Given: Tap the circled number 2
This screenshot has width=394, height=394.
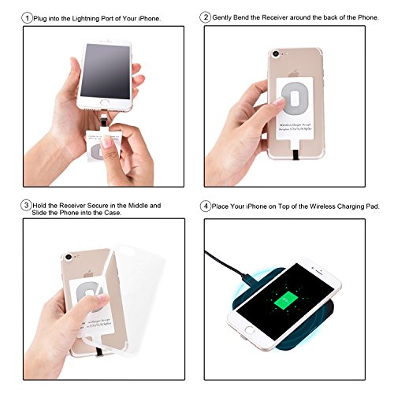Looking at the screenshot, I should click(206, 17).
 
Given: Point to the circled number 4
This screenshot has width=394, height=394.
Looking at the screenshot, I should click(206, 206).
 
